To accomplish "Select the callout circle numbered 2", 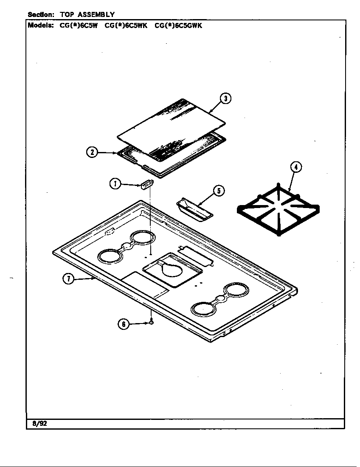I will pos(92,152).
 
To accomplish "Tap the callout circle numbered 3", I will pos(225,98).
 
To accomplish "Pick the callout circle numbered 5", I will pos(219,191).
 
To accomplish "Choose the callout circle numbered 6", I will pos(124,324).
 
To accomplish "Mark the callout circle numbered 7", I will pos(69,279).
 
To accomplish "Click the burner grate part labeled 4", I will pos(278,211).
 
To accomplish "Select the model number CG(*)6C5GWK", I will pos(178,25).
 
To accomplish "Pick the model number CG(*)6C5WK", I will pos(126,25).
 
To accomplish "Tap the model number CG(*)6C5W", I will pos(79,25).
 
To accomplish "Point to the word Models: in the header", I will pos(41,25).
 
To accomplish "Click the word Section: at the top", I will pos(41,15).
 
